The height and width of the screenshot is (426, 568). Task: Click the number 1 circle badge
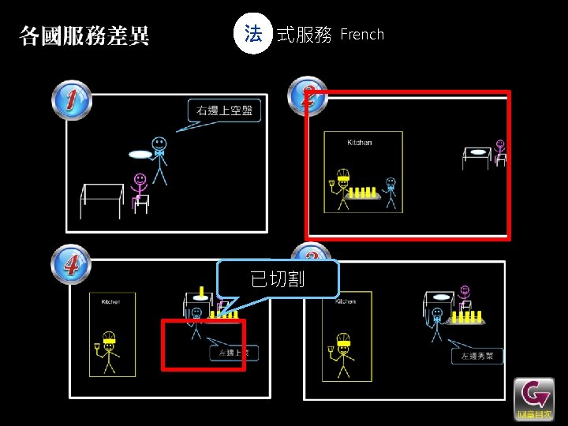[x=72, y=102]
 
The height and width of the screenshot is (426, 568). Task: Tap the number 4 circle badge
[x=72, y=263]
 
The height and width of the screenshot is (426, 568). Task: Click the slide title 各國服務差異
[x=84, y=35]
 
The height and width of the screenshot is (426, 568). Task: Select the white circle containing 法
[x=252, y=35]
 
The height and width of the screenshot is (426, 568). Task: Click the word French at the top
[x=362, y=35]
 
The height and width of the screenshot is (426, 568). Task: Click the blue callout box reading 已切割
[x=278, y=278]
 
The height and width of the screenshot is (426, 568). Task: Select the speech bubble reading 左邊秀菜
[x=476, y=356]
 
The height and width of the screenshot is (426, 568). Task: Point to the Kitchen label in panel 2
[x=359, y=143]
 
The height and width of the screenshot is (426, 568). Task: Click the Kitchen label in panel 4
[x=111, y=301]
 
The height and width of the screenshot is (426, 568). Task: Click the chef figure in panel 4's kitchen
[x=107, y=352]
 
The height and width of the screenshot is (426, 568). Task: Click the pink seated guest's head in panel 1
[x=140, y=180]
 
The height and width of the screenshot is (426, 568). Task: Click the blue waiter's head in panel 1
[x=159, y=144]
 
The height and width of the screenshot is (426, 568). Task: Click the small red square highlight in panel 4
[x=204, y=344]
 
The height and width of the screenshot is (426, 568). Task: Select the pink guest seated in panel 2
[x=499, y=151]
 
